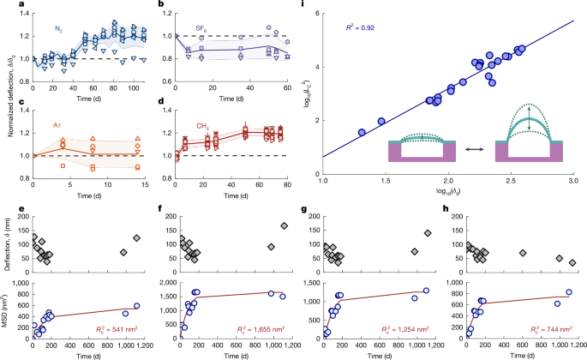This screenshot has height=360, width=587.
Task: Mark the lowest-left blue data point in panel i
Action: pyautogui.click(x=362, y=133)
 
